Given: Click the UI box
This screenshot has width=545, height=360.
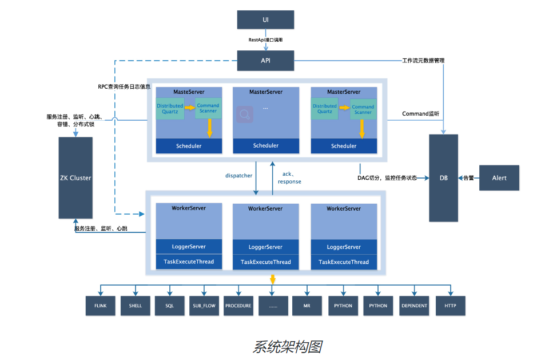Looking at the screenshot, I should tap(265, 19).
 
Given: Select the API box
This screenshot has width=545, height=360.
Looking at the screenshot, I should tap(265, 61).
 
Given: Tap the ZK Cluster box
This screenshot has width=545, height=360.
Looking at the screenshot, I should tap(75, 177).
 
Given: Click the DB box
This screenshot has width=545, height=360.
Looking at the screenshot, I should tap(443, 177).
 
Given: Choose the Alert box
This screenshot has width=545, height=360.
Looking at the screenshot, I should tap(499, 177).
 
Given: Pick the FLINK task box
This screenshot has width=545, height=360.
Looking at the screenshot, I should tap(101, 306).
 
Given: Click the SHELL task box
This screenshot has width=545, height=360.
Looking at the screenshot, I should tap(136, 306).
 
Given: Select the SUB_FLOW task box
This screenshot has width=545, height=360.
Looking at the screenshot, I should tap(204, 306).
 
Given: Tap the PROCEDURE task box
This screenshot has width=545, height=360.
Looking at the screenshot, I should tap(238, 306).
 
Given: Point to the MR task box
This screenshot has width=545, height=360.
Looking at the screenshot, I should tap(307, 306).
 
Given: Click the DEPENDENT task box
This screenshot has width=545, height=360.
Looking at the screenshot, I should tap(414, 306).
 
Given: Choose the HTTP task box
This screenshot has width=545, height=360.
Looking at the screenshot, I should tap(450, 306).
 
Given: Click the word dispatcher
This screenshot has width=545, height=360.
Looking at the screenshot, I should tap(238, 176).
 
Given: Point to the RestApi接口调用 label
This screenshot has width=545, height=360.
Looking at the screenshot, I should tap(265, 40).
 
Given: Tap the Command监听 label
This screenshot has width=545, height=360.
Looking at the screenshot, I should tap(421, 114).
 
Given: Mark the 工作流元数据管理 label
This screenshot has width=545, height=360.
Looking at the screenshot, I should tap(423, 61).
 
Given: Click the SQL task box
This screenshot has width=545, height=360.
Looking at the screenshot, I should tap(170, 306).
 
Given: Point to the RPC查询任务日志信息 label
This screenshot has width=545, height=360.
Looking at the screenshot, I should tap(124, 87).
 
